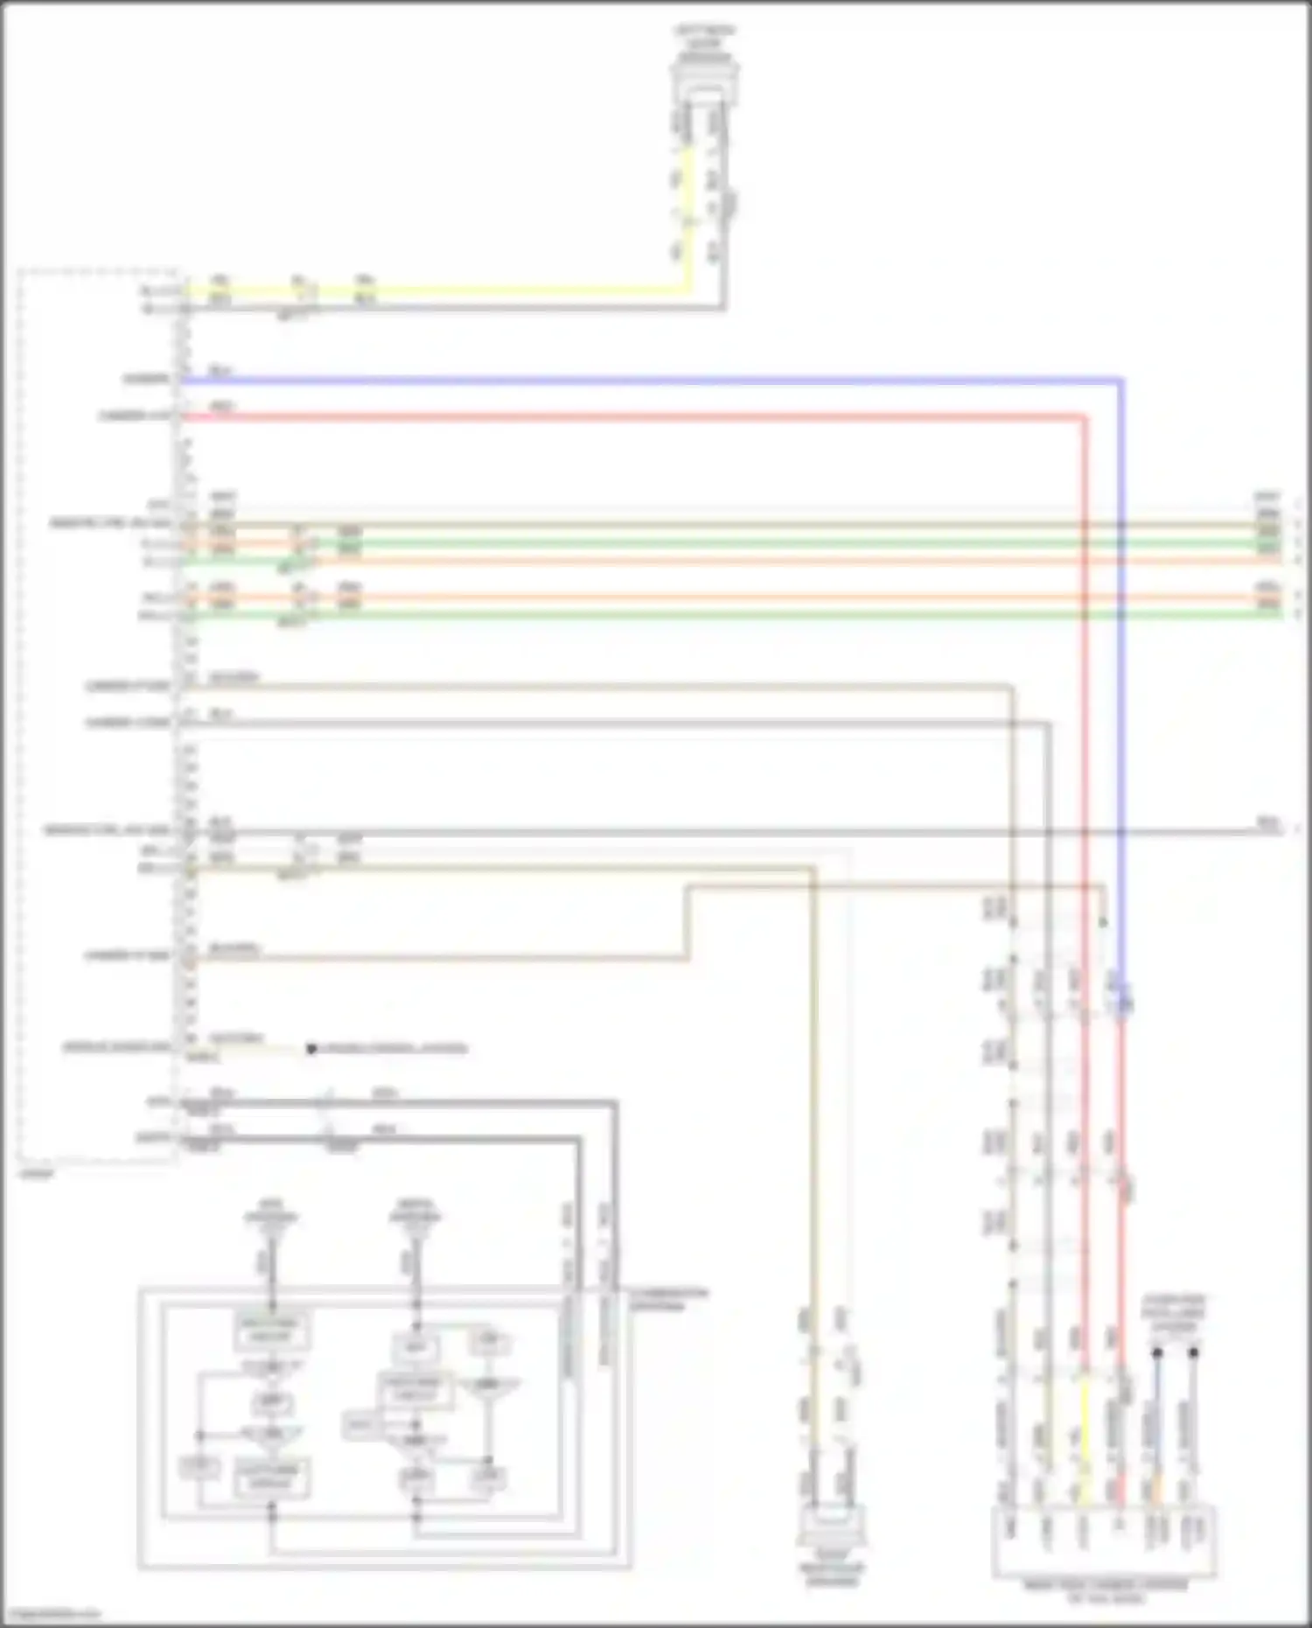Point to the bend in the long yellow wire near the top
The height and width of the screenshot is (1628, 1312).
coord(687,288)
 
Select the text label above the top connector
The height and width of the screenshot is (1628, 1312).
coord(705,37)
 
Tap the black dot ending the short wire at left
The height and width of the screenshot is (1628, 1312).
coord(311,1048)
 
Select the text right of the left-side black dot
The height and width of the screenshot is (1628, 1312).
coord(394,1048)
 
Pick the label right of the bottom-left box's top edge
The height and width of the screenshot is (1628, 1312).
coord(670,1299)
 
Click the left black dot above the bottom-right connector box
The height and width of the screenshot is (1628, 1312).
coord(1156,1352)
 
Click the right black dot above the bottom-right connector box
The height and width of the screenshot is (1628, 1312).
coord(1193,1352)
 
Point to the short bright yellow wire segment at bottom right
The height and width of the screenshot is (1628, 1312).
coord(1085,1417)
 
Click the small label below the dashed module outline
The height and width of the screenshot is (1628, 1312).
coord(37,1173)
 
